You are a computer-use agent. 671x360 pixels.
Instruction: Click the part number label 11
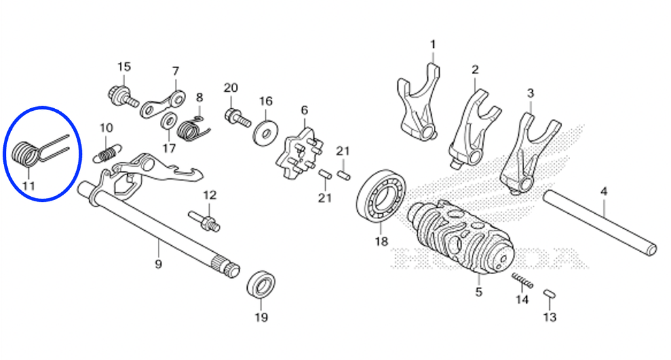pos(29,186)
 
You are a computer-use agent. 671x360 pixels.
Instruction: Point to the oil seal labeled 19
pos(261,287)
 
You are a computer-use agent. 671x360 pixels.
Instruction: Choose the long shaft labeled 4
pos(600,223)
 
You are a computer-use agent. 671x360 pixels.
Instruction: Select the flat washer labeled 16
pos(266,131)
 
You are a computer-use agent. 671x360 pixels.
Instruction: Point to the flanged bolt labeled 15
pos(123,97)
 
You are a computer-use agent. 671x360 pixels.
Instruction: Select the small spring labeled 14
pos(522,281)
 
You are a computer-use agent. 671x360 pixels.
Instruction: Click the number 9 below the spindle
pos(159,264)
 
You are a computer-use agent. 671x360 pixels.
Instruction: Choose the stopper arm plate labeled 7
pos(163,104)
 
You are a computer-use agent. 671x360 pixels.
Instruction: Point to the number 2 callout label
pos(474,70)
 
